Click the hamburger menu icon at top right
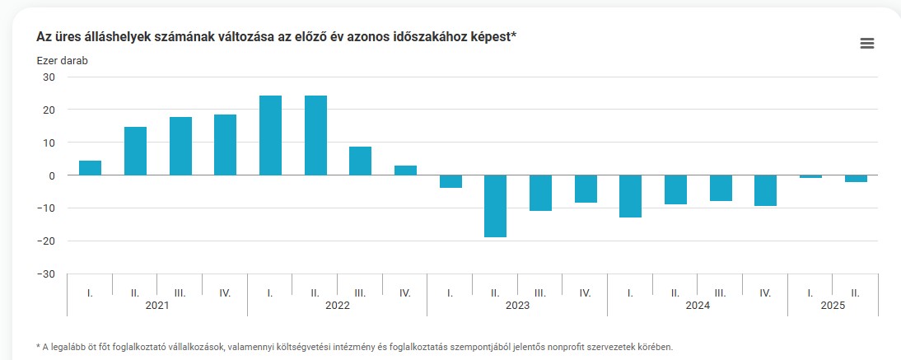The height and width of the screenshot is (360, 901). click(x=866, y=44)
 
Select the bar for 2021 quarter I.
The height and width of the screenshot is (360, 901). click(x=91, y=168)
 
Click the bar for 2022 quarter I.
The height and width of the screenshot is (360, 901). click(x=270, y=136)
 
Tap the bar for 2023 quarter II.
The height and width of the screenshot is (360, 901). click(x=495, y=206)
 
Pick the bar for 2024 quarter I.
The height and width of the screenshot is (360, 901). click(x=630, y=196)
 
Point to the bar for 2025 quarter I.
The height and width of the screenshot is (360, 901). click(x=810, y=176)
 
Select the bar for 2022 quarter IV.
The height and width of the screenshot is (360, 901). click(x=405, y=171)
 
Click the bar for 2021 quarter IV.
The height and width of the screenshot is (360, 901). click(x=225, y=145)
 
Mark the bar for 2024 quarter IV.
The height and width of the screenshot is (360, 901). click(x=765, y=190)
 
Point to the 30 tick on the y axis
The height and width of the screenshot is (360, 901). click(x=49, y=77)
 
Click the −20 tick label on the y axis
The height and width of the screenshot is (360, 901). click(x=45, y=241)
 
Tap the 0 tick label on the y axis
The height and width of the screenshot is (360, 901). click(x=52, y=175)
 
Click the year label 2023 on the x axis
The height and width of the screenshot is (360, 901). click(x=517, y=305)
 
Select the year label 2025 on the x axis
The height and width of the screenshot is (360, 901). click(x=833, y=305)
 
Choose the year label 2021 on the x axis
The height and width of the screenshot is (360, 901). click(x=157, y=305)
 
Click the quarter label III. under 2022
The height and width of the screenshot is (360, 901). click(x=360, y=292)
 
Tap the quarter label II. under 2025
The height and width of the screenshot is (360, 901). click(x=855, y=292)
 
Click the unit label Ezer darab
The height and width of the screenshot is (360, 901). click(x=62, y=60)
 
